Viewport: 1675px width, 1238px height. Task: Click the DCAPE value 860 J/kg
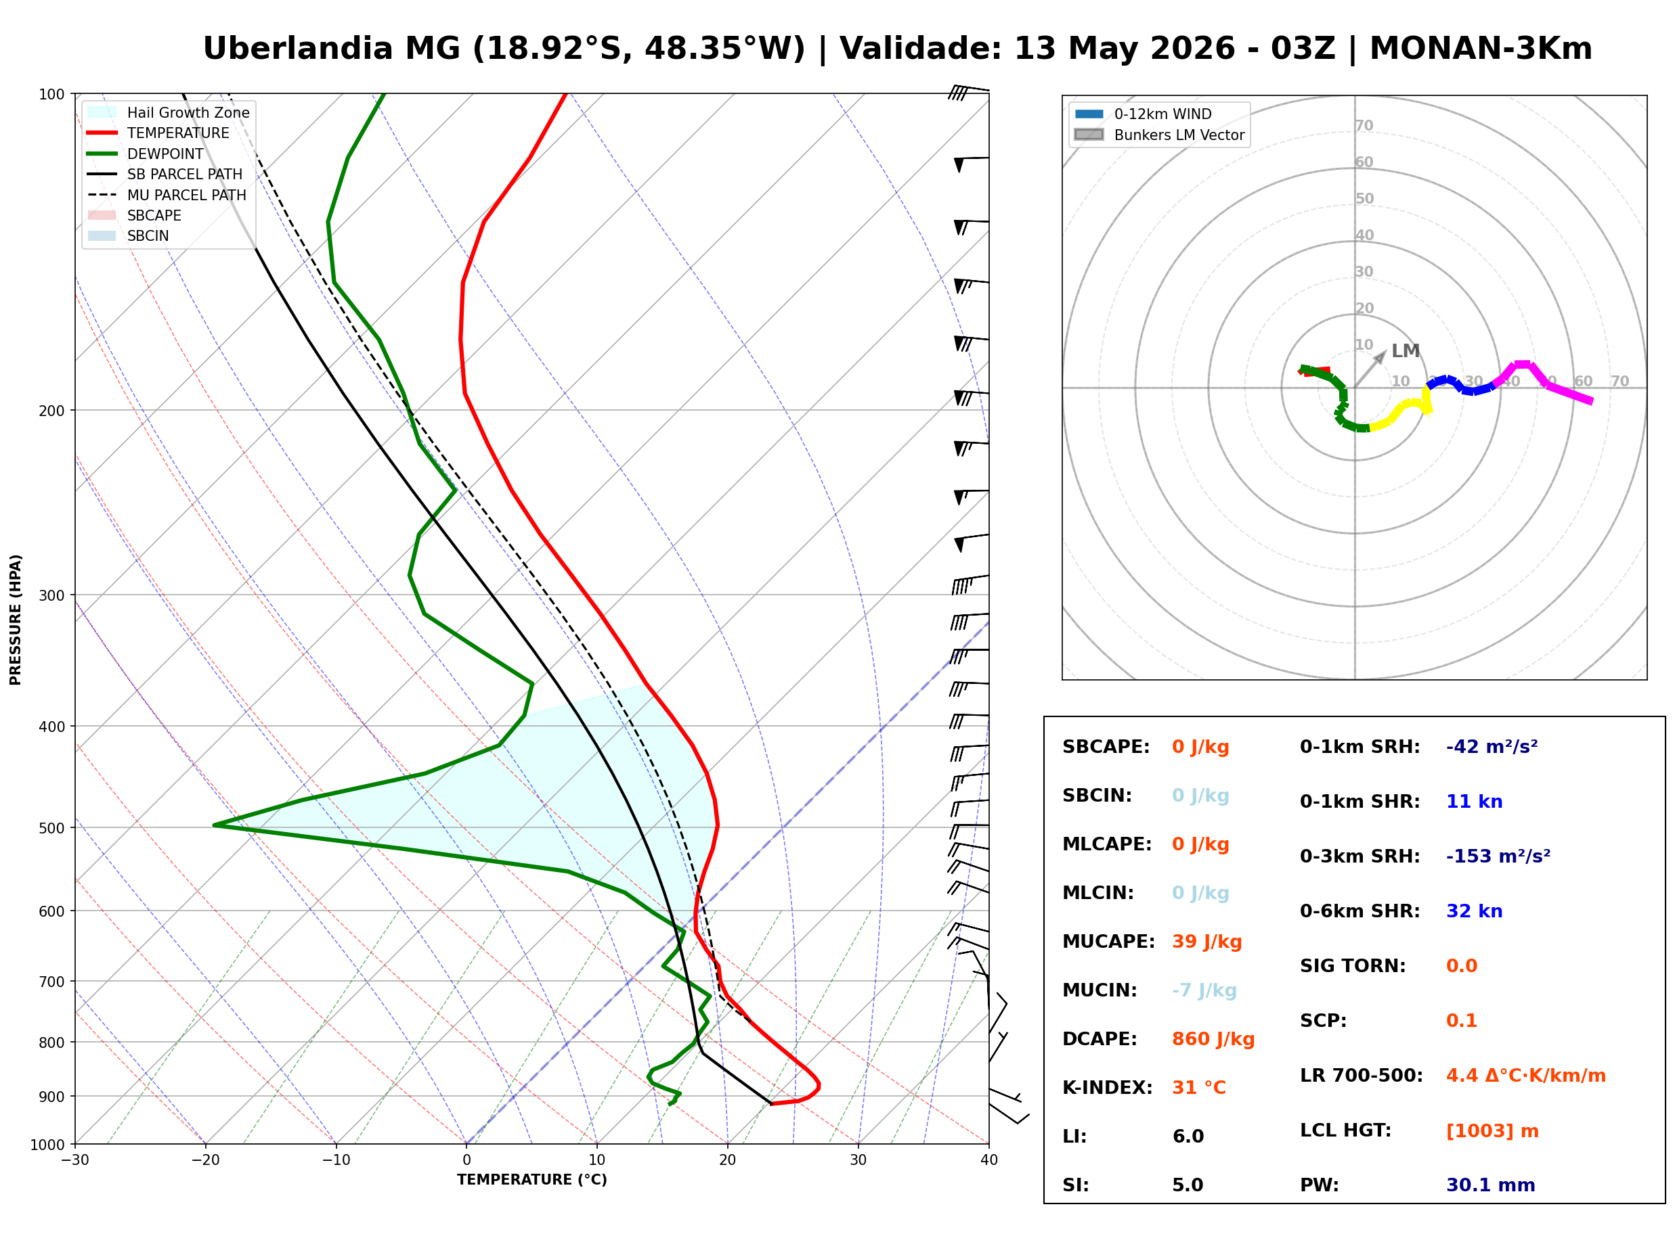(1213, 1039)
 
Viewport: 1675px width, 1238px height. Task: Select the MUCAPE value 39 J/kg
(1207, 942)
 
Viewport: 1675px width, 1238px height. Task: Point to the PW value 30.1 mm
(1491, 1185)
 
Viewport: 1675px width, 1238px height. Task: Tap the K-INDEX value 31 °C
(1199, 1088)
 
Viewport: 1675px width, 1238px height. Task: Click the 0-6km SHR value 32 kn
(1474, 911)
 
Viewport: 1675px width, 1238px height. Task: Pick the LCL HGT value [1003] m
(1492, 1131)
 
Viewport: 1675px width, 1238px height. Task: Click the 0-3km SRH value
(1498, 856)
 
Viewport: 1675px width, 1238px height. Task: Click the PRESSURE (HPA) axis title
(16, 620)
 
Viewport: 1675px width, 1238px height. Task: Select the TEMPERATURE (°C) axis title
(532, 1180)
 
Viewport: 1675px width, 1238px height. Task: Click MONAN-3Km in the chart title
(1481, 49)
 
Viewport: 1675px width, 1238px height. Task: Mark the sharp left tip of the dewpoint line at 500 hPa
(215, 825)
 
